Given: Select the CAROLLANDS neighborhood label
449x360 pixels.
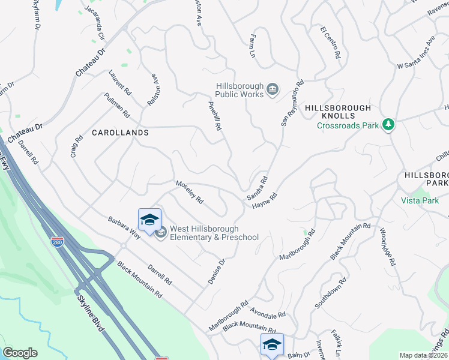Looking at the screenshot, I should click(119, 131).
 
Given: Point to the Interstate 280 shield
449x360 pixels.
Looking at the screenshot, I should click(57, 242).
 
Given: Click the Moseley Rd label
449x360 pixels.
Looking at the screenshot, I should click(190, 192).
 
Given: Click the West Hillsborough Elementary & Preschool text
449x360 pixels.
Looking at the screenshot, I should click(214, 233).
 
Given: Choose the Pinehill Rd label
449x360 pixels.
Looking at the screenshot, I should click(215, 115).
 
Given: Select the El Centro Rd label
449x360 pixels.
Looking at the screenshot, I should click(331, 43).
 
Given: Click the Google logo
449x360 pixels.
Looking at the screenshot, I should click(20, 353).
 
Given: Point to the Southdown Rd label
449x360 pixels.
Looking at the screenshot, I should click(330, 293).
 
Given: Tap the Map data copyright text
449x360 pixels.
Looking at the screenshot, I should click(423, 355).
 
